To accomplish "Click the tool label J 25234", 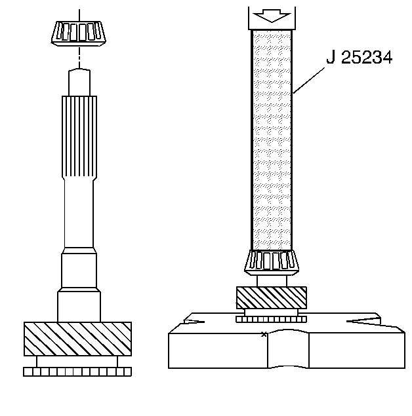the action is (359, 57).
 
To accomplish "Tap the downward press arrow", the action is (272, 16).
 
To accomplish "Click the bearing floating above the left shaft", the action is (79, 33).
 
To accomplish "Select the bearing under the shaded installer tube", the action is (272, 263).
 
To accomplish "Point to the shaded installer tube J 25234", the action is (272, 140).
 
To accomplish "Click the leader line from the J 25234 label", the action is (308, 81).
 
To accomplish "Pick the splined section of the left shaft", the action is (79, 137).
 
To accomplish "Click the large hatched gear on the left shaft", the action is (77, 339).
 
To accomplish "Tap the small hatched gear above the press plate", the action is (272, 297).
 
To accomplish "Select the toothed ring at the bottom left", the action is (77, 371).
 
